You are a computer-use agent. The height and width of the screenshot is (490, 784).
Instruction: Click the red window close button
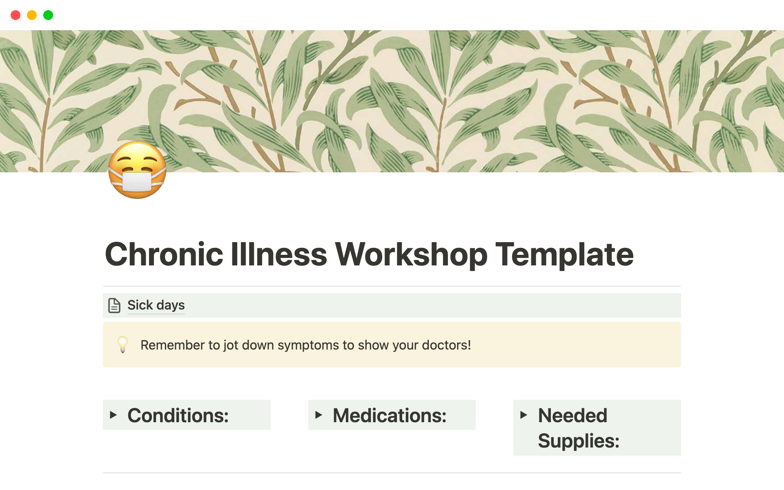pyautogui.click(x=16, y=15)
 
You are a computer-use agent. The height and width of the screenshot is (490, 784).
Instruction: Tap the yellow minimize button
pyautogui.click(x=32, y=15)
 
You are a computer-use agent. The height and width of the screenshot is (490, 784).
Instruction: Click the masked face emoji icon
pyautogui.click(x=137, y=170)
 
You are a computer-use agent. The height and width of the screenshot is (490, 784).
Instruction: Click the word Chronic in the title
pyautogui.click(x=164, y=254)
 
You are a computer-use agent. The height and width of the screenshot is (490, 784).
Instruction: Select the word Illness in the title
pyautogui.click(x=279, y=254)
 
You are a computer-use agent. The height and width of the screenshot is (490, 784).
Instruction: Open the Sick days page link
pyautogui.click(x=156, y=305)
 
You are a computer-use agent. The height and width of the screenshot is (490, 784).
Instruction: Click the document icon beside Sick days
pyautogui.click(x=114, y=305)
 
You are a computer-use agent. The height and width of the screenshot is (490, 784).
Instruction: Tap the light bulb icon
pyautogui.click(x=122, y=344)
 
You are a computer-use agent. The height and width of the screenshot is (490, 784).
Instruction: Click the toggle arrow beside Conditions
pyautogui.click(x=114, y=415)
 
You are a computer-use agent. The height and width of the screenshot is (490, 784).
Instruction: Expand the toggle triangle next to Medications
pyautogui.click(x=319, y=415)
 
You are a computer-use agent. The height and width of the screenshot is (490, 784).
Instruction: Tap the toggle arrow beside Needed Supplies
pyautogui.click(x=524, y=415)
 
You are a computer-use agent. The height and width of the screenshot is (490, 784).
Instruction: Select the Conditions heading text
pyautogui.click(x=178, y=415)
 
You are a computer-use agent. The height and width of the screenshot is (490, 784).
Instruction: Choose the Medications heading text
pyautogui.click(x=390, y=415)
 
